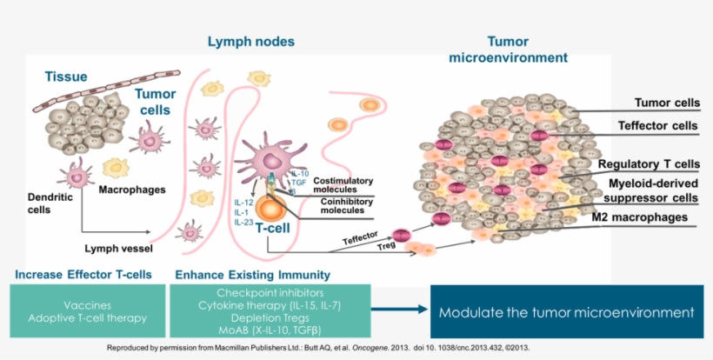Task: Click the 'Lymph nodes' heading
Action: (250, 41)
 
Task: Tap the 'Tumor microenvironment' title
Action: (508, 50)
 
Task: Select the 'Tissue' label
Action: (66, 77)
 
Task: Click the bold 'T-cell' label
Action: (275, 226)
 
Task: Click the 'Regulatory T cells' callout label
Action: (648, 163)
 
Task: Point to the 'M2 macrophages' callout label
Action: (647, 217)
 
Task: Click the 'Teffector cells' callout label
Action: (657, 125)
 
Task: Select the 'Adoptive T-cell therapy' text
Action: (87, 318)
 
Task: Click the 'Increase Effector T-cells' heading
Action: (83, 275)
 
